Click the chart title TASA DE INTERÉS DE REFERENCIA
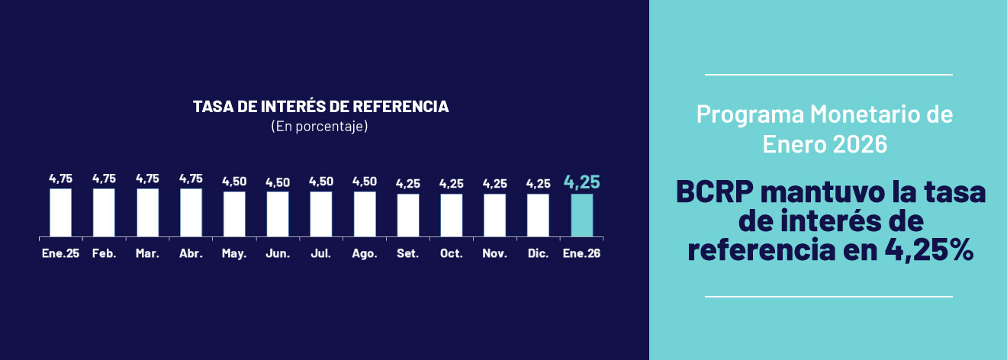(320, 107)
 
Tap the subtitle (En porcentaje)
(320, 127)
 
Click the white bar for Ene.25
(60, 212)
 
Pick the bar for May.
(234, 214)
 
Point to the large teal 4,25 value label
(582, 182)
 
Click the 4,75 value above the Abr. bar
(191, 178)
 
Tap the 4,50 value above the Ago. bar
(365, 182)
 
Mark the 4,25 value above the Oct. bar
(451, 184)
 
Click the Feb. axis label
(104, 253)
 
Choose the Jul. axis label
(321, 253)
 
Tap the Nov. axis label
(494, 253)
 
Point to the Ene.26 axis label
(581, 253)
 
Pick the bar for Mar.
(147, 212)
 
